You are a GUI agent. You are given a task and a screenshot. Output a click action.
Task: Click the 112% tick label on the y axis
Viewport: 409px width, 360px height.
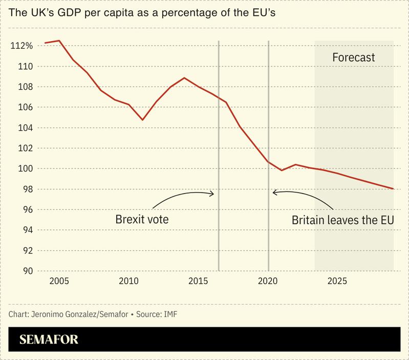[21, 46]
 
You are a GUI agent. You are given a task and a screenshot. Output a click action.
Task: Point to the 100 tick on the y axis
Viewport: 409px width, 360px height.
[25, 169]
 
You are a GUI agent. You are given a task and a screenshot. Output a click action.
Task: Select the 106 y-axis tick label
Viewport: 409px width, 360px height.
[25, 108]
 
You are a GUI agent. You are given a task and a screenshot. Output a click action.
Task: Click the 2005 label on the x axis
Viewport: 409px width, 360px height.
[59, 281]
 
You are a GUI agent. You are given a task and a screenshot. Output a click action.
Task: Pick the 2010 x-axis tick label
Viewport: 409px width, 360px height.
[128, 281]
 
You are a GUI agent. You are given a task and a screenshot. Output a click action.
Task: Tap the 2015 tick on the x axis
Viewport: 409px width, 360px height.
[198, 281]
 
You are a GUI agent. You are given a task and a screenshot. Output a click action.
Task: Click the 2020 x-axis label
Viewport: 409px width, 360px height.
[268, 281]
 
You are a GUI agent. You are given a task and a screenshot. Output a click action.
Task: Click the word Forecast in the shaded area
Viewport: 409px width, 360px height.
[354, 57]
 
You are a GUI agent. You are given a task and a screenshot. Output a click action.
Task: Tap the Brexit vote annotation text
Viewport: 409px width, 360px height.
[142, 220]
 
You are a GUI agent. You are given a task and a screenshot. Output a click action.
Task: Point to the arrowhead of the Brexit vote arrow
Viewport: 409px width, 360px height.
[213, 194]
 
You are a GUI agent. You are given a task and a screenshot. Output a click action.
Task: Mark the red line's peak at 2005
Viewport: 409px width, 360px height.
[59, 41]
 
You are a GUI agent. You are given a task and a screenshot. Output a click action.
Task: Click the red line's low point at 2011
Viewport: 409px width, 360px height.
[143, 120]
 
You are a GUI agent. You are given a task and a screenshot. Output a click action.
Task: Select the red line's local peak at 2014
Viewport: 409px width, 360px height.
[184, 78]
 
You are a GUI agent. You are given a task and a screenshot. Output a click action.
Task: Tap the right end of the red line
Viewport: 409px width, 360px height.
[393, 189]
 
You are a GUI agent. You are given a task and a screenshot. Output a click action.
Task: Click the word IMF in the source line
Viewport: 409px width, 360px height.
[170, 313]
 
